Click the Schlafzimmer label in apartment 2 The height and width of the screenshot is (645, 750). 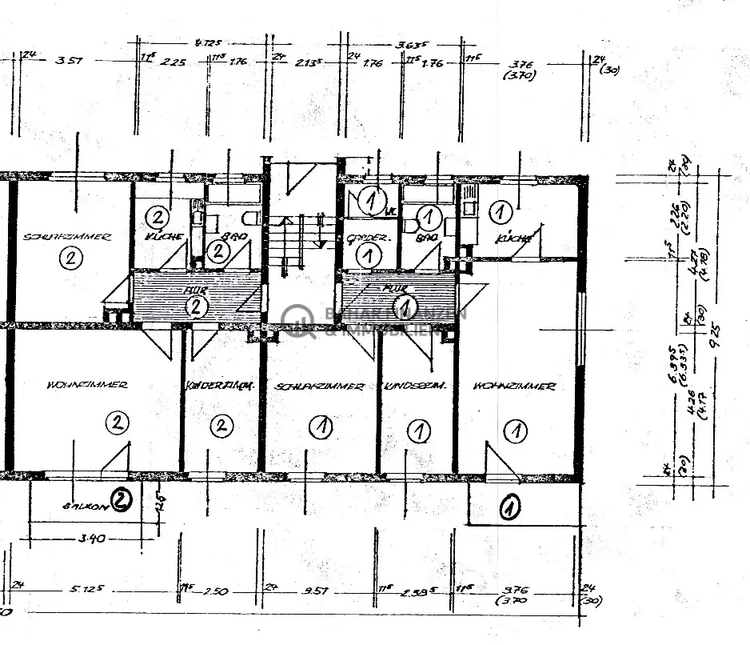click(67, 237)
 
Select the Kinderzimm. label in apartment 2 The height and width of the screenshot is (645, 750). click(220, 386)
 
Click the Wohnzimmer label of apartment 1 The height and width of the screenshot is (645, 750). click(514, 387)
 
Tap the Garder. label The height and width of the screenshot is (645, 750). click(368, 238)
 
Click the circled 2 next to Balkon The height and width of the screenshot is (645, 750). click(121, 501)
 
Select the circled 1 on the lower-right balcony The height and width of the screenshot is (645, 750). click(509, 507)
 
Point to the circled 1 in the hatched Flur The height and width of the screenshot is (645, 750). click(405, 306)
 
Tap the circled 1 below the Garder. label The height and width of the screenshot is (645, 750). click(368, 257)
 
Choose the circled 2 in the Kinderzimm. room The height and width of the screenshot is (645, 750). click(221, 426)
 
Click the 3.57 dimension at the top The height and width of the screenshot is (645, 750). click(72, 59)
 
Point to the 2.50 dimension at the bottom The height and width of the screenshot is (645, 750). click(216, 591)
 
